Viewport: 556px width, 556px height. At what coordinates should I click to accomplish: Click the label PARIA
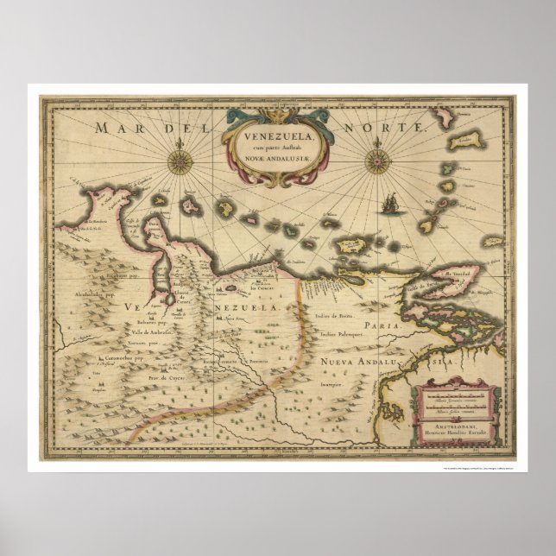382,325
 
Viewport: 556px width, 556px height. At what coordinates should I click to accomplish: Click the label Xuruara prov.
97,343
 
